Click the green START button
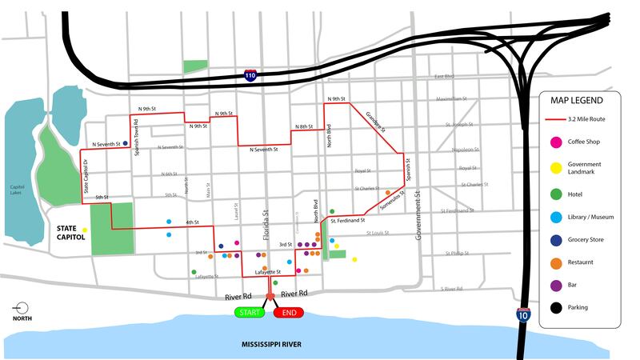pyautogui.click(x=249, y=312)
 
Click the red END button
pyautogui.click(x=289, y=312)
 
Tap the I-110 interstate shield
pyautogui.click(x=251, y=74)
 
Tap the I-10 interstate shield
pyautogui.click(x=522, y=315)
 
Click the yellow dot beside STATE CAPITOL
pyautogui.click(x=84, y=230)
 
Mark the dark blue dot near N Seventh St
pyautogui.click(x=126, y=144)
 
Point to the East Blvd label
pyautogui.click(x=444, y=77)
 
